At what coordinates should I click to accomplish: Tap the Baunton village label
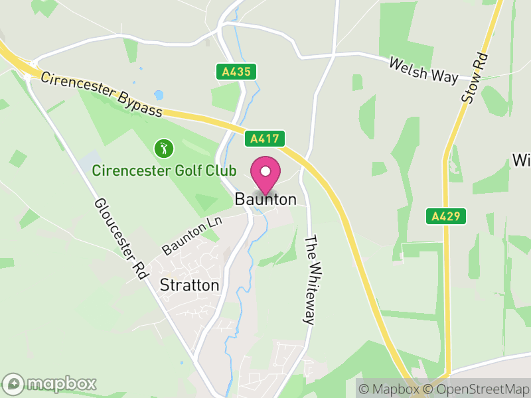point(265,199)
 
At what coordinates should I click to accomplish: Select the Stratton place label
point(190,285)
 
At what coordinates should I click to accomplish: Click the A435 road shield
point(236,72)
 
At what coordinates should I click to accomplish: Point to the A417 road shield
point(265,139)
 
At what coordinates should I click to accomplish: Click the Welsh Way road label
point(423,70)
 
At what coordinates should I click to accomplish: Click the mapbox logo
point(50,383)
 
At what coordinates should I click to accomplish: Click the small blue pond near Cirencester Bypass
point(159,95)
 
